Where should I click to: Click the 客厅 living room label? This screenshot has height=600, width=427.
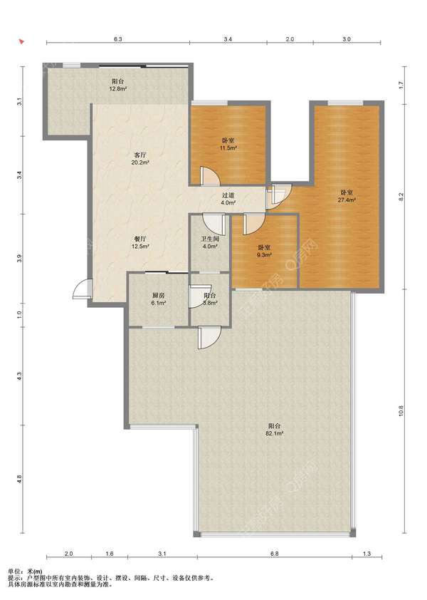pyautogui.click(x=140, y=155)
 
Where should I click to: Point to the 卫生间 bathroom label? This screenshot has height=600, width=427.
pyautogui.click(x=210, y=239)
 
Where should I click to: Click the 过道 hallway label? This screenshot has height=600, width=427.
pyautogui.click(x=228, y=195)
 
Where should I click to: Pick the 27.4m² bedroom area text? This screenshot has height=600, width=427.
pyautogui.click(x=347, y=200)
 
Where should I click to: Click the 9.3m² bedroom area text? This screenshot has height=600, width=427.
pyautogui.click(x=264, y=254)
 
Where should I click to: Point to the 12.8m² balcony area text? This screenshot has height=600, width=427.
pyautogui.click(x=118, y=89)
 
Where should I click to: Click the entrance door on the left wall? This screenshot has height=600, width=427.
pyautogui.click(x=83, y=289)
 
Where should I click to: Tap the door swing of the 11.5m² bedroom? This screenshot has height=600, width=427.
pyautogui.click(x=209, y=175)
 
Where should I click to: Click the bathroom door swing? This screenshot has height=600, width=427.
pyautogui.click(x=213, y=224)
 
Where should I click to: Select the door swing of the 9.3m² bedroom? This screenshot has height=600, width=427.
pyautogui.click(x=253, y=224)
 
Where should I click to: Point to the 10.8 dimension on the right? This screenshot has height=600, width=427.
pyautogui.click(x=401, y=410)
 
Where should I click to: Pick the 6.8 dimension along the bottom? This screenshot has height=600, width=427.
pyautogui.click(x=275, y=554)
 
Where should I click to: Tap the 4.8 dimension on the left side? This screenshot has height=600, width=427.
pyautogui.click(x=19, y=479)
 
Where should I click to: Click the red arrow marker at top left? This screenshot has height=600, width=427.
pyautogui.click(x=22, y=41)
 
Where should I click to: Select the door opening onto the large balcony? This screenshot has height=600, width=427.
pyautogui.click(x=209, y=338)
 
